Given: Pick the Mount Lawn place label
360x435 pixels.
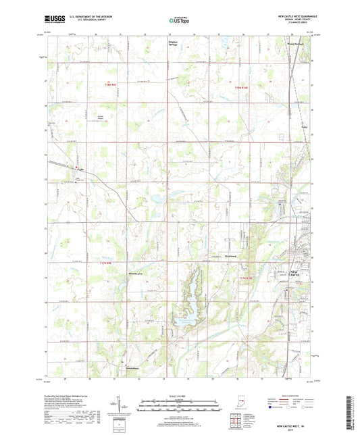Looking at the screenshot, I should (x=137, y=274).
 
